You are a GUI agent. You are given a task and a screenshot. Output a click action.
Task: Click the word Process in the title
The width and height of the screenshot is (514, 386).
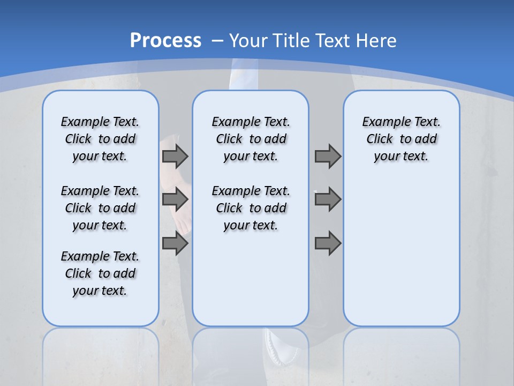click(x=165, y=40)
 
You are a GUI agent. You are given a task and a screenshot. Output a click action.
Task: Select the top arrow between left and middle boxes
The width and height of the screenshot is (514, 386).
click(x=175, y=156)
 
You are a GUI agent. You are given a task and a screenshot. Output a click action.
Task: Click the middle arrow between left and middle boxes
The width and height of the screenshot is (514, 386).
click(x=175, y=199)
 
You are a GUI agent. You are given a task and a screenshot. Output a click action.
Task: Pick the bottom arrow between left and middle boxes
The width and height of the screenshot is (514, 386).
click(x=175, y=243)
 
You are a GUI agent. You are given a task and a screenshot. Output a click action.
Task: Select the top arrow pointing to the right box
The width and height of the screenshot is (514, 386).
click(x=328, y=156)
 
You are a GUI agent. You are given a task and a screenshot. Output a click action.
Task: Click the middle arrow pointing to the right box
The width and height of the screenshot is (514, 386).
click(x=328, y=199)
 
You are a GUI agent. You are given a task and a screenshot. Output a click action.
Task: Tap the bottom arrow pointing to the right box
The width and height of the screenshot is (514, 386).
click(x=328, y=243)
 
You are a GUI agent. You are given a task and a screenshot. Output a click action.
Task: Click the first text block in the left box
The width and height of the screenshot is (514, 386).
click(x=100, y=139)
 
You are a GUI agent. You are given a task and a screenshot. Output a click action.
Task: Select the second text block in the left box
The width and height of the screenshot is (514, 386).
click(x=100, y=208)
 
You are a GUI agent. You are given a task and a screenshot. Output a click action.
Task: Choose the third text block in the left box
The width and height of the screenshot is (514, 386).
click(x=100, y=273)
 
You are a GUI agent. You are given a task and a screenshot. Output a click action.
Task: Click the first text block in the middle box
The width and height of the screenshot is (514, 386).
click(x=251, y=139)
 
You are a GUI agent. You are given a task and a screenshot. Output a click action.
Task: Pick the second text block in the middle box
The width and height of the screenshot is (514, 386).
click(x=251, y=208)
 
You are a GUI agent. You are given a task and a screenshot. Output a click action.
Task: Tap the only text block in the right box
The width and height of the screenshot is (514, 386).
click(x=401, y=139)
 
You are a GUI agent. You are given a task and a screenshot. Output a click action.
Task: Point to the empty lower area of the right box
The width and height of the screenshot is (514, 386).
click(x=401, y=257)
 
